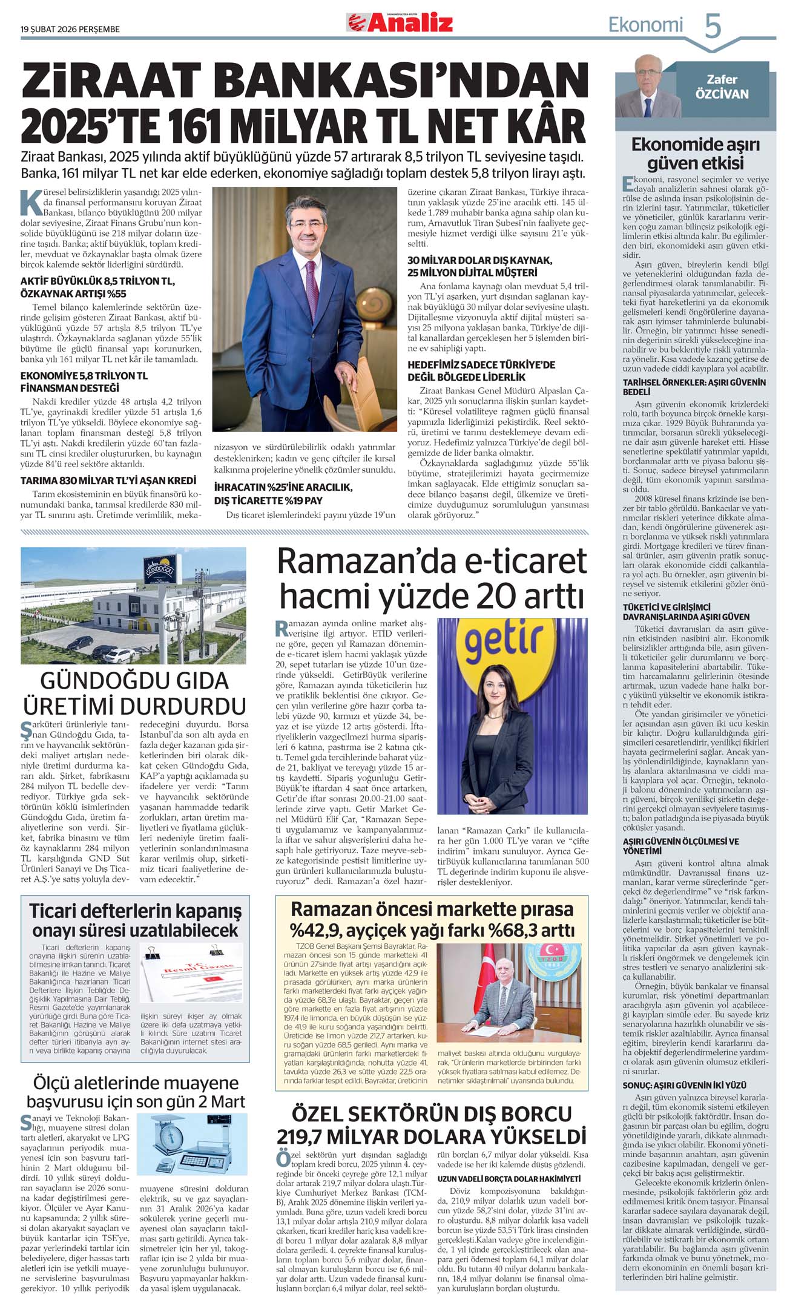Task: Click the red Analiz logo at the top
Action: pos(400,23)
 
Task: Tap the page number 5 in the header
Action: pos(713,26)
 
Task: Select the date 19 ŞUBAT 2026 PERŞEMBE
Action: pos(70,29)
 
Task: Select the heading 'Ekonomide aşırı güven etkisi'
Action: pos(695,154)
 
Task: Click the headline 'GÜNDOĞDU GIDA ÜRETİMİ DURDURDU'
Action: pos(134,693)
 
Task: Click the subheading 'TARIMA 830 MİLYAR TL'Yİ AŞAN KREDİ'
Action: pos(108,480)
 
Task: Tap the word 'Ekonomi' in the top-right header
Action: pos(645,25)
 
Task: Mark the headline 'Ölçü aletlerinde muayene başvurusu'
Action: pos(136,1092)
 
